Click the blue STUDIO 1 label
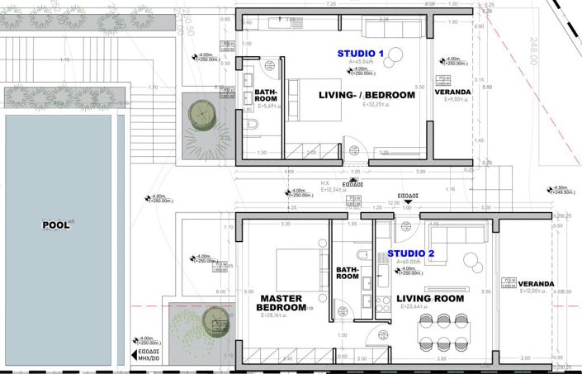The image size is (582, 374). (x=361, y=53)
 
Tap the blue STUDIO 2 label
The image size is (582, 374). (x=411, y=253)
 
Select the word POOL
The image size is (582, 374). (x=54, y=224)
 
